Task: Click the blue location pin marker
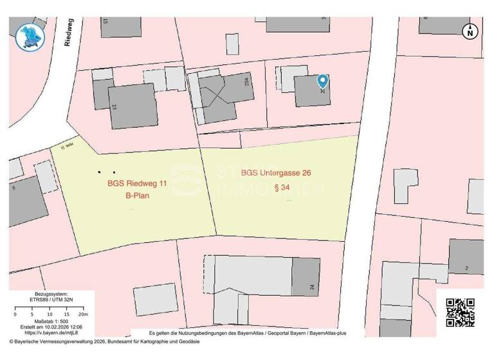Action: (323, 81)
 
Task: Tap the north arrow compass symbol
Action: (471, 31)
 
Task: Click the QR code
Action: (460, 312)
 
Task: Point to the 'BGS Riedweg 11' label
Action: (137, 184)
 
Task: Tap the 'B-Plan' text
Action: (137, 195)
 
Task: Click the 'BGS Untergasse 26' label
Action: (280, 173)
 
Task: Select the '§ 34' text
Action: (280, 188)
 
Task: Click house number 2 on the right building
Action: (466, 267)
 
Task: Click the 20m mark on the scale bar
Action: (82, 314)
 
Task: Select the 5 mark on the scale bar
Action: (32, 314)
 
